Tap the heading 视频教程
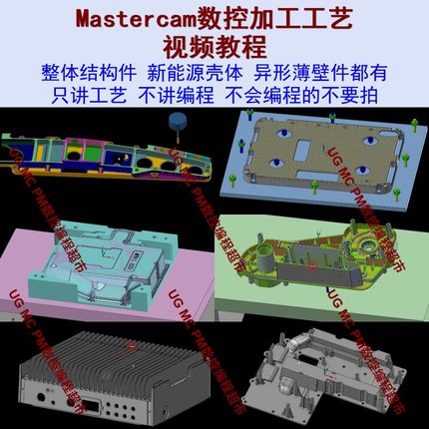(x=214, y=46)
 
